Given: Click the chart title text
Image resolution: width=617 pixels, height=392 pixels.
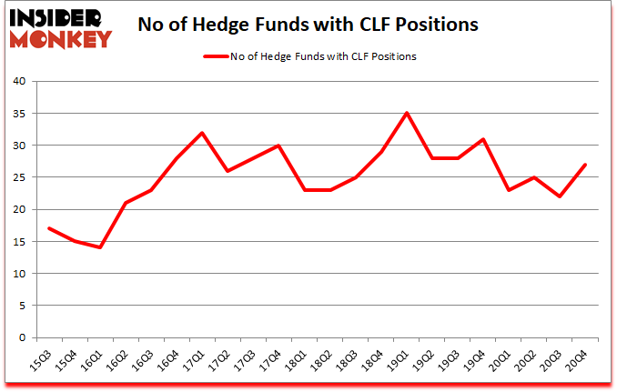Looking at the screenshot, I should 308,25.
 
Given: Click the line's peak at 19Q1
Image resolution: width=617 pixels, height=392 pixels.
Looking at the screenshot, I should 407,113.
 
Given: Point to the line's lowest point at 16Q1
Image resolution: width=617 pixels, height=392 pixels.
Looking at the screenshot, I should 100,247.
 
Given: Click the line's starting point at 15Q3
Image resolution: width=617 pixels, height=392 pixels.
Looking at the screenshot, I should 48,228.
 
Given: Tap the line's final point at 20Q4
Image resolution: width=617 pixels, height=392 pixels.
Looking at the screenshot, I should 585,165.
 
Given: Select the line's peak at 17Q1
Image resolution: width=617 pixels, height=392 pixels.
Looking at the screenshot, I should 202,133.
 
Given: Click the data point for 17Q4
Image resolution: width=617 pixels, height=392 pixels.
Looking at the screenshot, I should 278,146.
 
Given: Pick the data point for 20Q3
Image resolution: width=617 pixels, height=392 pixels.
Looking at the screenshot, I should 560,196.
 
